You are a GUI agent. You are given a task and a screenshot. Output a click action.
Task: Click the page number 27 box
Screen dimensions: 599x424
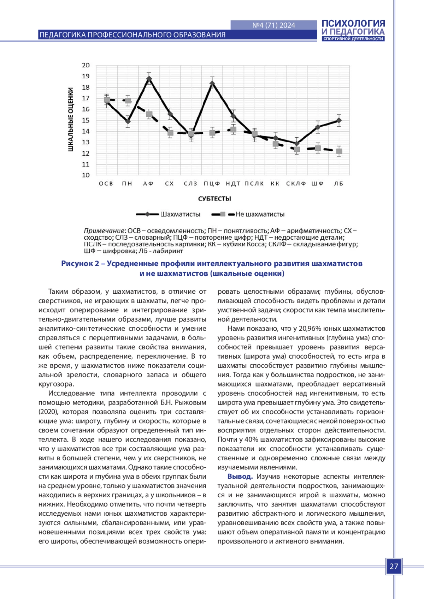coord(394,567)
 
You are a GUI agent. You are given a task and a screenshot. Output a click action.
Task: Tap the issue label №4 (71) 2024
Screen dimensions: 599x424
coord(274,25)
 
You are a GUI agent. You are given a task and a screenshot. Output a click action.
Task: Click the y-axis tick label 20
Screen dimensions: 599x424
coord(86,65)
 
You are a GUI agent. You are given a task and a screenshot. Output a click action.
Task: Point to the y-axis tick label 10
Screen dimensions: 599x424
coord(86,175)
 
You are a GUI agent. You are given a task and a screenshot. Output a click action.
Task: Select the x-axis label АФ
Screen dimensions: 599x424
coord(148,184)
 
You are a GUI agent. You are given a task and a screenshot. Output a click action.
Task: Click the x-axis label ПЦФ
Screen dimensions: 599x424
coord(212,184)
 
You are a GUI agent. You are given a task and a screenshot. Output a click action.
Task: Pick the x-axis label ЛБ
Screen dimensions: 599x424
coord(338,184)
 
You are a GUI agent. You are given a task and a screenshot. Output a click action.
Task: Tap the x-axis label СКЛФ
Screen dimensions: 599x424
coord(296,184)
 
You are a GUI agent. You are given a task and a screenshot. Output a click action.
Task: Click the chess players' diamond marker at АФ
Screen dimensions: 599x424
coord(149,79)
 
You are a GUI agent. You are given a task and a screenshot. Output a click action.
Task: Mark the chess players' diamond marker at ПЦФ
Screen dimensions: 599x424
coord(212,83)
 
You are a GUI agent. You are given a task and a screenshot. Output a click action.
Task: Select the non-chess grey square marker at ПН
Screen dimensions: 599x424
coord(128,101)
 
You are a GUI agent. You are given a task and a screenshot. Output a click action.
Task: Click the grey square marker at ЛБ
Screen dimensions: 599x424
coord(339,151)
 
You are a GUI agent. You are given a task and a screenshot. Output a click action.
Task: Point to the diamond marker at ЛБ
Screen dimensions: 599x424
coord(339,120)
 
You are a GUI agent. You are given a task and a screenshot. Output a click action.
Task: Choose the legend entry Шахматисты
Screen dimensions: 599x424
coord(180,214)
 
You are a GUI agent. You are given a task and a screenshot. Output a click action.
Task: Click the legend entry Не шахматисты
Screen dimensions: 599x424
coord(260,214)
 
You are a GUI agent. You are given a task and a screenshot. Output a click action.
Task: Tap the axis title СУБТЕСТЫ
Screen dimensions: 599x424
coord(214,199)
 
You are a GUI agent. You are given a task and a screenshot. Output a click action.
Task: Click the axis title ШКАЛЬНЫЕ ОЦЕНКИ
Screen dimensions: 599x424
coord(71,120)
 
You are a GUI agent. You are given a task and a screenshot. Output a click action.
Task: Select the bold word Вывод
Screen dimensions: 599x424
coord(240,477)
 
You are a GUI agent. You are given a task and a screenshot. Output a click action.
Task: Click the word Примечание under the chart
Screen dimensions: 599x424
coord(104,231)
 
